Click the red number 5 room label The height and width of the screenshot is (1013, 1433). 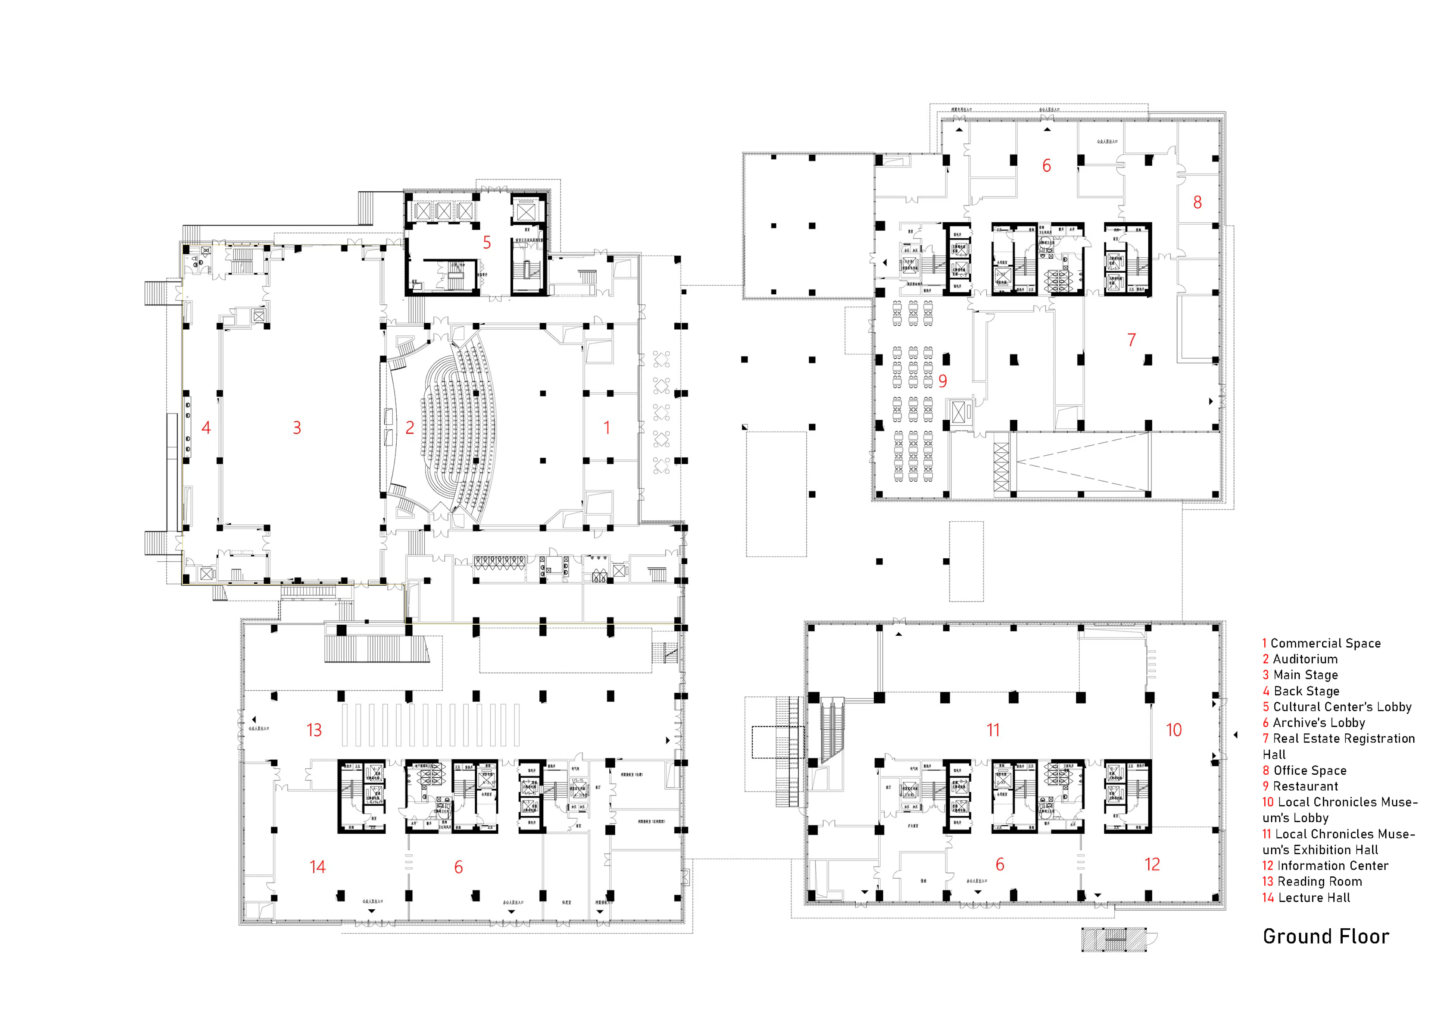tap(487, 243)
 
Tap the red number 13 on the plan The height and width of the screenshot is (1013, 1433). tap(314, 730)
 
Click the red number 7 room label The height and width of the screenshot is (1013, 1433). tap(1131, 340)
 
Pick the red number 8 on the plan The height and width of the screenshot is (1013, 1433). tap(1197, 202)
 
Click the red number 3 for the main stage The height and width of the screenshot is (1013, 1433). tap(297, 427)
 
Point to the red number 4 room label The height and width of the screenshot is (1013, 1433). tap(206, 427)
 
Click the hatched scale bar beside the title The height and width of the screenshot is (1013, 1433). tap(1114, 940)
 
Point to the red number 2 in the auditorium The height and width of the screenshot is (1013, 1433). tap(409, 427)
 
